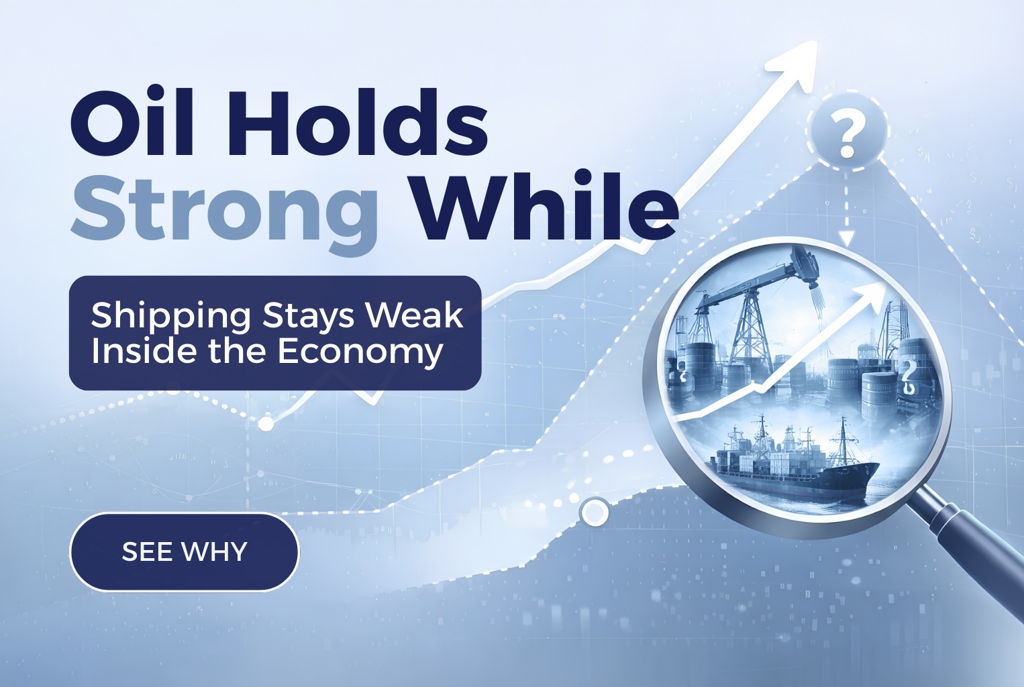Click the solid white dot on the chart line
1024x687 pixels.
click(266, 423)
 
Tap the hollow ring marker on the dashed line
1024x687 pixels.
click(593, 513)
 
